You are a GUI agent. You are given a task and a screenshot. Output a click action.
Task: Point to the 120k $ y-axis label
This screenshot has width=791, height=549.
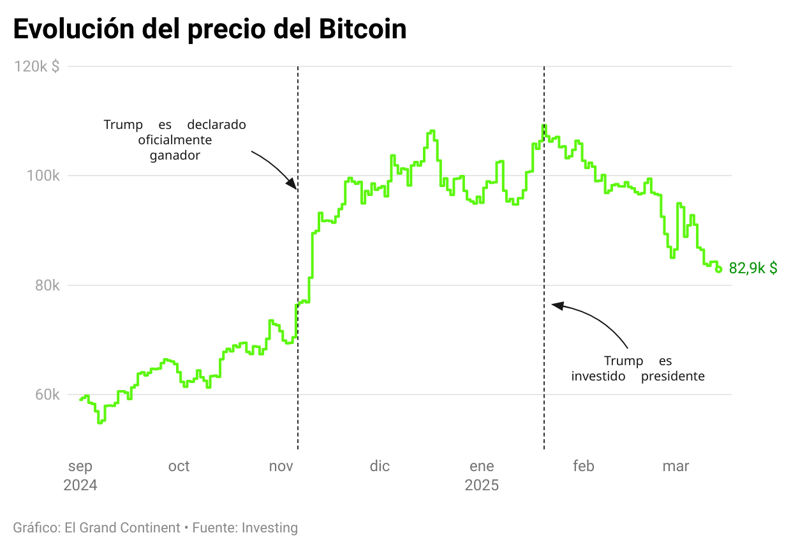[x=37, y=66]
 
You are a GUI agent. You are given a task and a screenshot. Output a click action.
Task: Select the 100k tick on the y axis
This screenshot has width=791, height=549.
[x=46, y=176]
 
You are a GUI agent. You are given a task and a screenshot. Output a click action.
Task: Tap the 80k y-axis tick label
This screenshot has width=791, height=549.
[x=48, y=285]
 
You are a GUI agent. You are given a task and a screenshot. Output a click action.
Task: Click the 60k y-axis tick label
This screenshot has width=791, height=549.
[x=48, y=395]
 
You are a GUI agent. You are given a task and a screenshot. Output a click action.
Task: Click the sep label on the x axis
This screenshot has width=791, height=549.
[x=80, y=466]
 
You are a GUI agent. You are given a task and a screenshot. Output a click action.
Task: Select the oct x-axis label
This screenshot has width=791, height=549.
[x=179, y=466]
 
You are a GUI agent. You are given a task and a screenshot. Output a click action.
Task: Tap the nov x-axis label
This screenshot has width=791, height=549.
[x=281, y=466]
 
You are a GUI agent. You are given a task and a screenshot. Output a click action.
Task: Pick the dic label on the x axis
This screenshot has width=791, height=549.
[x=380, y=466]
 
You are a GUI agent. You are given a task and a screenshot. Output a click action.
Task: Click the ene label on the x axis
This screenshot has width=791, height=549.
[x=482, y=466]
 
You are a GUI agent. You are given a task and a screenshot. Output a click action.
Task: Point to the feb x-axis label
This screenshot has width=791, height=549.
[x=583, y=466]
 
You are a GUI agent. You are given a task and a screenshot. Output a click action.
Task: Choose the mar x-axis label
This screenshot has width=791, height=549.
[x=676, y=466]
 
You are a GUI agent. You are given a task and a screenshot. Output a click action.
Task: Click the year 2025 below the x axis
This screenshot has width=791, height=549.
[x=482, y=485]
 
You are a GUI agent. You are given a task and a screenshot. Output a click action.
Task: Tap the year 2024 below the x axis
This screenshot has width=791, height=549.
[x=80, y=485]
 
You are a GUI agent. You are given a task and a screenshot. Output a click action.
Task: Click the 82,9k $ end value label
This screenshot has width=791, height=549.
[x=753, y=269]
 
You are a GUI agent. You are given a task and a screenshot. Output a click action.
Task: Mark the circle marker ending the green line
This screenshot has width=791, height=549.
[x=719, y=269]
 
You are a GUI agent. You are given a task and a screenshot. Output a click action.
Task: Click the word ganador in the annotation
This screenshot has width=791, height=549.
[x=175, y=155]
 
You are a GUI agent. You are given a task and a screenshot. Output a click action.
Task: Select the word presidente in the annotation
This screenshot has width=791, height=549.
[x=672, y=376]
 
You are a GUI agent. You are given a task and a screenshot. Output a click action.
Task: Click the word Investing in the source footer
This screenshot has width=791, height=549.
[x=270, y=528]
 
